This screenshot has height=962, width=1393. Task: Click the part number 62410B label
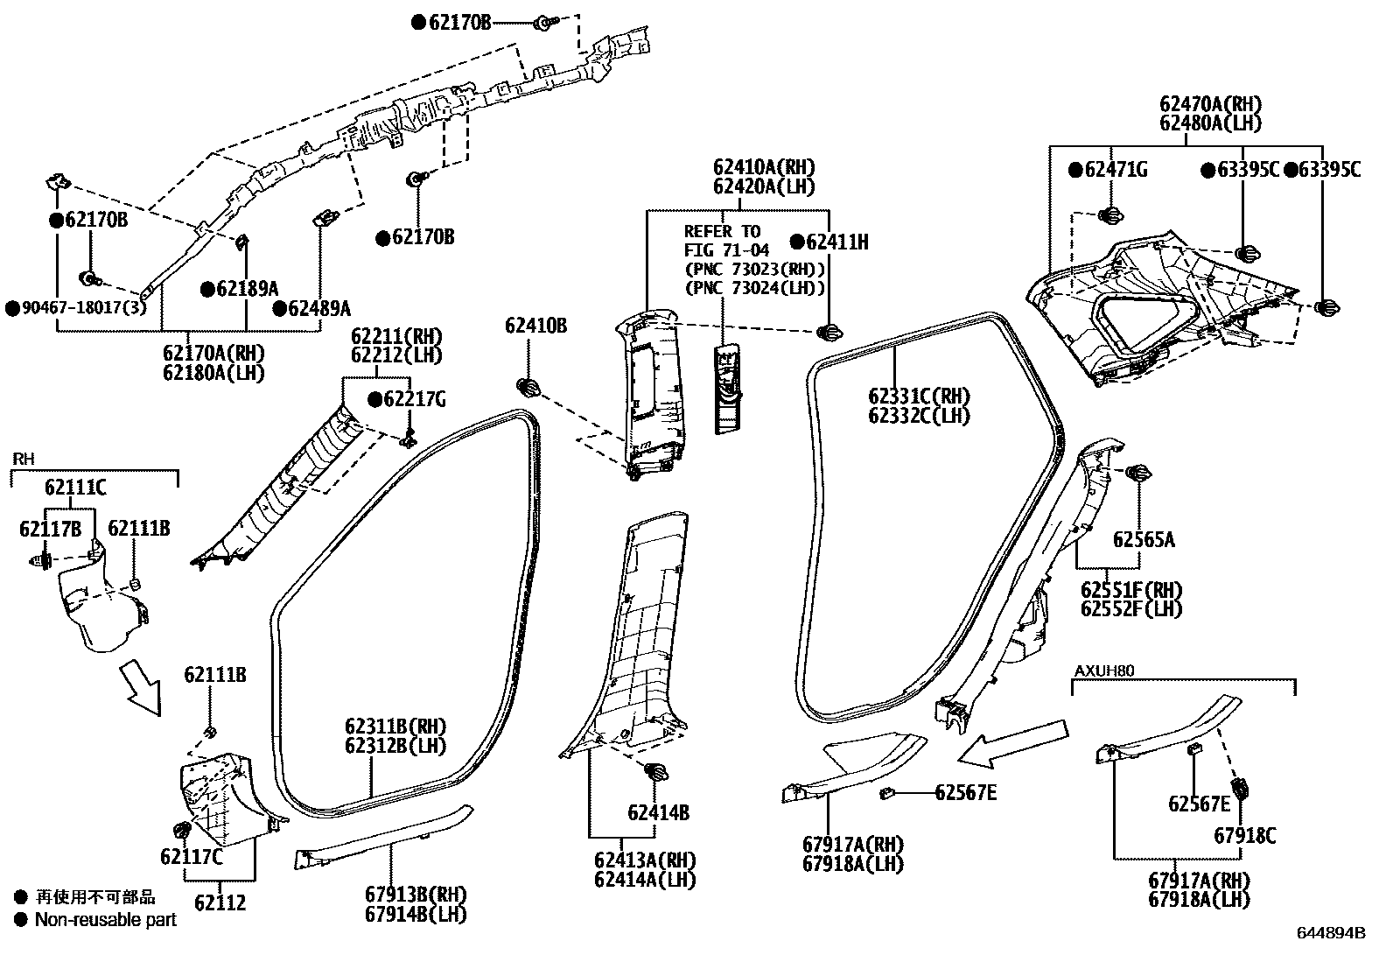[535, 327]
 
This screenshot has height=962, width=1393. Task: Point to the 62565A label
[1144, 539]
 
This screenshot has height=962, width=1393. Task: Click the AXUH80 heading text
[1103, 671]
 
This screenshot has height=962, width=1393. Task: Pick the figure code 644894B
[1331, 933]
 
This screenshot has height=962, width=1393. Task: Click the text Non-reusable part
[105, 920]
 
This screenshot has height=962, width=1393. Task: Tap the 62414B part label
[658, 813]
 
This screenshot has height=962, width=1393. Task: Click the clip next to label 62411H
[829, 332]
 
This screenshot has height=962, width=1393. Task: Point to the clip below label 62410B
[528, 388]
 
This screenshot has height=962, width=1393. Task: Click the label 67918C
[1244, 836]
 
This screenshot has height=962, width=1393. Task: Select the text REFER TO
[722, 232]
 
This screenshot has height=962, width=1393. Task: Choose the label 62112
[220, 902]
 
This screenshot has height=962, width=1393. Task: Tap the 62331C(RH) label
[919, 397]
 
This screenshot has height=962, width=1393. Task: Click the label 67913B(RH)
[416, 895]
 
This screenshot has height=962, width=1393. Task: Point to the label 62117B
[51, 528]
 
